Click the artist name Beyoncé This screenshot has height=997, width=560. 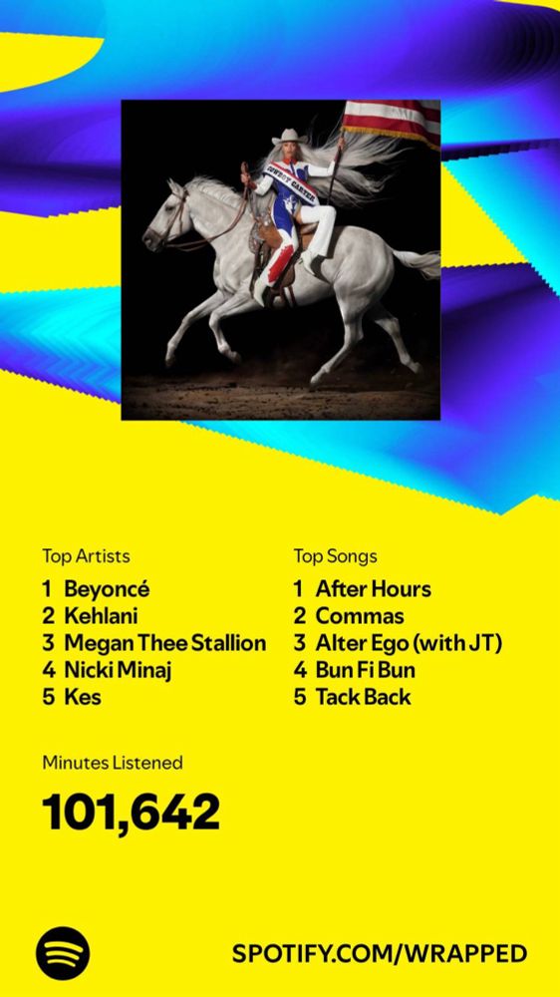pyautogui.click(x=107, y=589)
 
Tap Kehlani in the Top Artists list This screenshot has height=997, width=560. pyautogui.click(x=102, y=616)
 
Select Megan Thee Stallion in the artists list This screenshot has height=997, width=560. pyautogui.click(x=164, y=643)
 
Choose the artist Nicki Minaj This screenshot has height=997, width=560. pyautogui.click(x=118, y=670)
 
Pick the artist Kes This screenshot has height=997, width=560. pyautogui.click(x=83, y=697)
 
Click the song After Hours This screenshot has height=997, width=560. pyautogui.click(x=373, y=589)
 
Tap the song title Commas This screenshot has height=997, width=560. pyautogui.click(x=360, y=616)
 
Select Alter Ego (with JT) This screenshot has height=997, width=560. pyautogui.click(x=409, y=643)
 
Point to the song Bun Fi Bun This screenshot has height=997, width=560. pyautogui.click(x=365, y=670)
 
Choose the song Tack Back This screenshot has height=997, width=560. pyautogui.click(x=363, y=697)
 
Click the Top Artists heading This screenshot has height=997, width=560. pyautogui.click(x=86, y=556)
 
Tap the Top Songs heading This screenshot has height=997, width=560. pyautogui.click(x=335, y=556)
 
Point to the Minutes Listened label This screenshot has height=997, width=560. pyautogui.click(x=113, y=763)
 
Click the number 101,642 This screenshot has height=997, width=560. pyautogui.click(x=131, y=813)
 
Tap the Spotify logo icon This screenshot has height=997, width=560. pyautogui.click(x=63, y=954)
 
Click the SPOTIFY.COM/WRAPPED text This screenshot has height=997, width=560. pyautogui.click(x=380, y=954)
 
